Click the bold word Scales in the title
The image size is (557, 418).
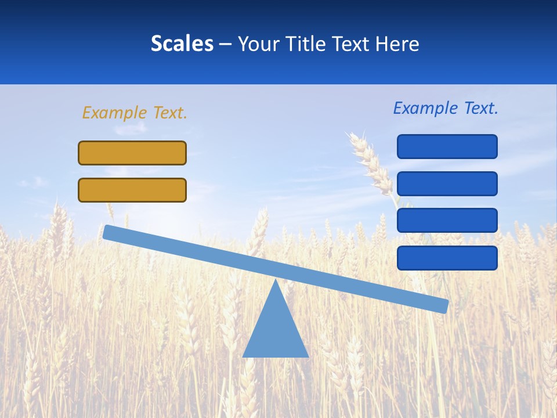(x=182, y=44)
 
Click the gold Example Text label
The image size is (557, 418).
(x=135, y=113)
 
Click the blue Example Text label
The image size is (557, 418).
(x=446, y=108)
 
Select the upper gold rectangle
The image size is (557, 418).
(x=132, y=153)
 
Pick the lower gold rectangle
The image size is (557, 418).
(x=132, y=190)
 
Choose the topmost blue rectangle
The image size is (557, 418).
(x=447, y=146)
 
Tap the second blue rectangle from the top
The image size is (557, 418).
(x=447, y=183)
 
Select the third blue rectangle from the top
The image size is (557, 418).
(x=447, y=220)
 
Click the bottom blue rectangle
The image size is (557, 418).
(x=447, y=258)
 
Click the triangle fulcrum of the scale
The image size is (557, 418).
(x=276, y=331)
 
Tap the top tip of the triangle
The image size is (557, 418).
(x=276, y=283)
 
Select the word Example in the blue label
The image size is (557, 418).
(x=425, y=108)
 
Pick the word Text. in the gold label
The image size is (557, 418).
(x=170, y=113)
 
